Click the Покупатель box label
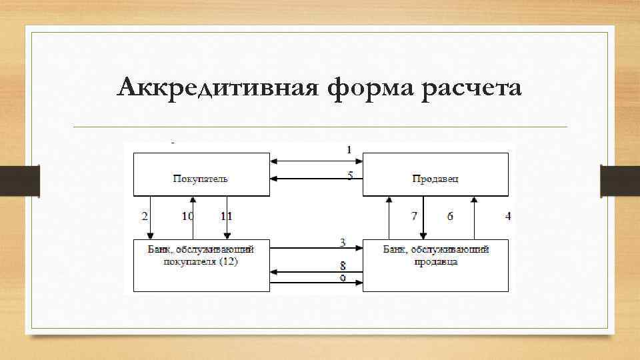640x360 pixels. [201, 178]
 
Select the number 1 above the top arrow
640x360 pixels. [349, 150]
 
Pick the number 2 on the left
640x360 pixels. [144, 216]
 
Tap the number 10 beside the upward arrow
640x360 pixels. [187, 216]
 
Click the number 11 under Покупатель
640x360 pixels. [226, 216]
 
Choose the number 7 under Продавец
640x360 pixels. [414, 216]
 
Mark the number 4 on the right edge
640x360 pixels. [508, 216]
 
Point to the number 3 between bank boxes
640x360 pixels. [342, 241]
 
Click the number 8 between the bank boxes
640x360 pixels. [342, 265]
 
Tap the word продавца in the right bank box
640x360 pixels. [436, 261]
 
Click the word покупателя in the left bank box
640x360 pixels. [193, 261]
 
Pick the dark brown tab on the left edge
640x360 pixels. [19, 181]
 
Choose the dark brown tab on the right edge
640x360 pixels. [620, 181]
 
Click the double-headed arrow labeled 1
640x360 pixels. [316, 161]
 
